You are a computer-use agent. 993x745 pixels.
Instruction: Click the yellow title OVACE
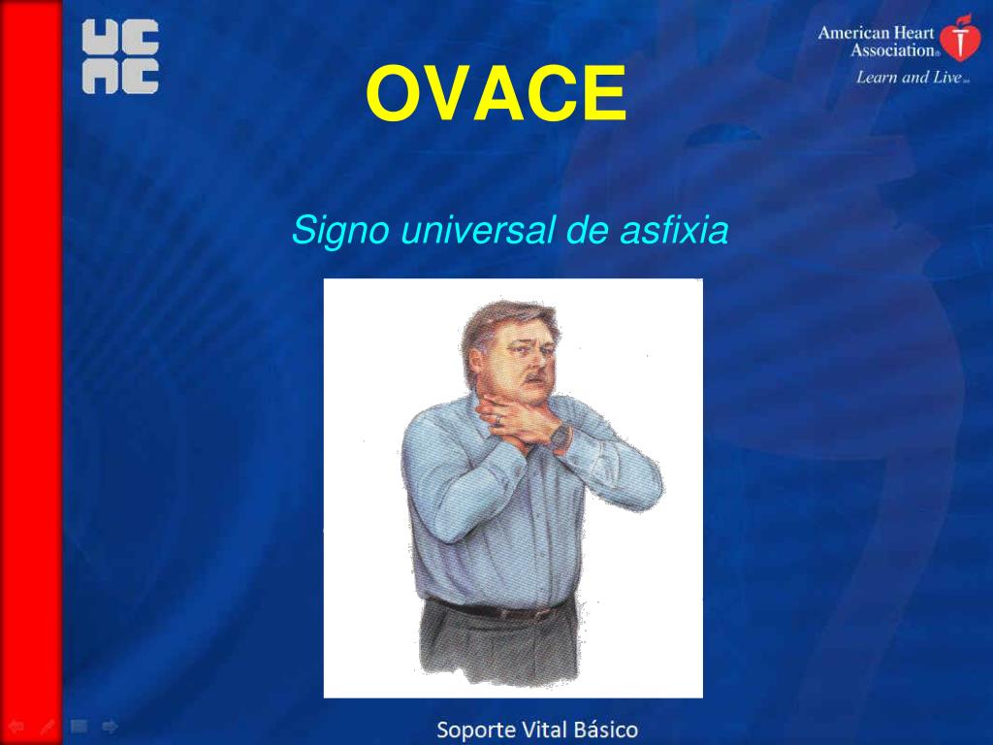(x=496, y=95)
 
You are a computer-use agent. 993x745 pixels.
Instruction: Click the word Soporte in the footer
(x=475, y=729)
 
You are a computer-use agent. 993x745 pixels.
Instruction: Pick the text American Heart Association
(x=878, y=41)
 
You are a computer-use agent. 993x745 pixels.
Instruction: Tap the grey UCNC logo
(x=119, y=57)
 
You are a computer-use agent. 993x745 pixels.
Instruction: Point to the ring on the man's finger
(x=496, y=419)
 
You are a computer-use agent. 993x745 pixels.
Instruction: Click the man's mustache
(x=530, y=372)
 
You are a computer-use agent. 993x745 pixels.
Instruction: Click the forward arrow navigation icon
(x=110, y=726)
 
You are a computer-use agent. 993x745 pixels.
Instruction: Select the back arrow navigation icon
(x=16, y=726)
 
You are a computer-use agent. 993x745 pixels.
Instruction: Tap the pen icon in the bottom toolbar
(x=48, y=726)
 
